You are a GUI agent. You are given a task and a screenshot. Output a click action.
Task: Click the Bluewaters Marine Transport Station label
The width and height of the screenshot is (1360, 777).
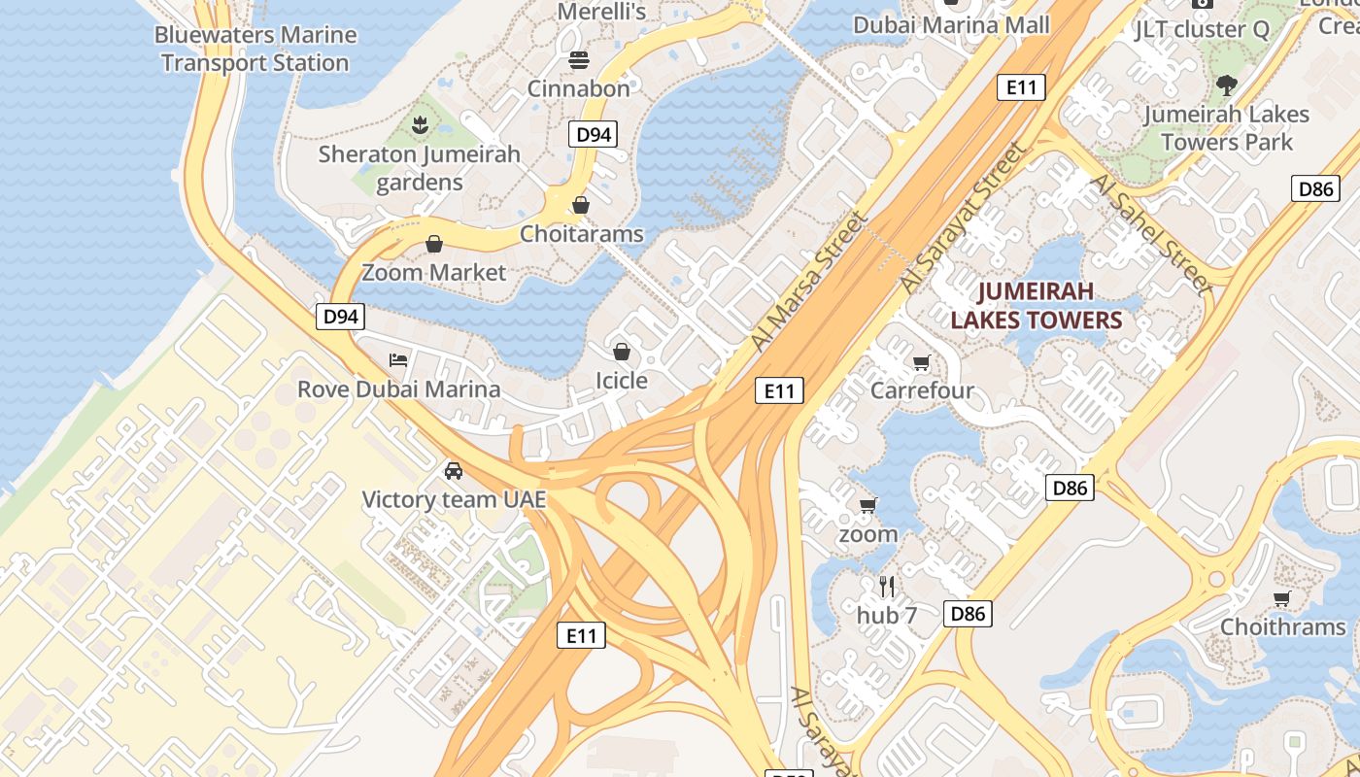click(255, 49)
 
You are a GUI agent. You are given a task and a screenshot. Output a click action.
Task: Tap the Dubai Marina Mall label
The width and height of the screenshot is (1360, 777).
click(951, 24)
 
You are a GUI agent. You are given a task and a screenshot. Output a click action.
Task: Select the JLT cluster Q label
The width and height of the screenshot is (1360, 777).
click(1202, 29)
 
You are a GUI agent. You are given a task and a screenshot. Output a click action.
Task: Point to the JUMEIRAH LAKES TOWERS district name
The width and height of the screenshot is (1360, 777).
click(1036, 305)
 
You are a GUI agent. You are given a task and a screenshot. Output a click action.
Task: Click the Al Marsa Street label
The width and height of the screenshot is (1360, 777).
click(808, 282)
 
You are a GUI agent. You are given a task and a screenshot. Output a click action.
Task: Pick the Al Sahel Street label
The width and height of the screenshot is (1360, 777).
click(1152, 233)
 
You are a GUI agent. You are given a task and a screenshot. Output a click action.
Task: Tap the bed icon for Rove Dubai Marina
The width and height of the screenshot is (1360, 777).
click(398, 360)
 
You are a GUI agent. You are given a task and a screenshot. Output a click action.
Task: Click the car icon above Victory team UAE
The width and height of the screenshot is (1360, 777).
click(453, 472)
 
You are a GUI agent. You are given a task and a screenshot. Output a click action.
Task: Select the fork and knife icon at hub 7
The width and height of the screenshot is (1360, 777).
click(886, 586)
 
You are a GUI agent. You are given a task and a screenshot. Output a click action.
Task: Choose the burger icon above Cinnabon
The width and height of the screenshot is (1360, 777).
click(579, 60)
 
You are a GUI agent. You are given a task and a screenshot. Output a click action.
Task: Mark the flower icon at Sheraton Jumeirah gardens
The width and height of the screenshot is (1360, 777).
click(420, 124)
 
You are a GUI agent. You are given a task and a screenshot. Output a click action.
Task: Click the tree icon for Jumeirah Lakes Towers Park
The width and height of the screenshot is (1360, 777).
click(1226, 85)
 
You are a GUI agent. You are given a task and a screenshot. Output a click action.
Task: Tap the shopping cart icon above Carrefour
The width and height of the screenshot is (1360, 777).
click(921, 363)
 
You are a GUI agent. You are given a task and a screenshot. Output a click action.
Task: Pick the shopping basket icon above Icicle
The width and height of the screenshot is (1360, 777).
click(622, 352)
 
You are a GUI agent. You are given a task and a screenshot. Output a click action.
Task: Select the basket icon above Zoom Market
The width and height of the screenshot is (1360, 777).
click(434, 243)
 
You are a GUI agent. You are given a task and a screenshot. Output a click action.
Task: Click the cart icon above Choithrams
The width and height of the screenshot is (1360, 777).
click(1282, 598)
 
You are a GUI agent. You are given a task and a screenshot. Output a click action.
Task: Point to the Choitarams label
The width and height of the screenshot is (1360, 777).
click(581, 234)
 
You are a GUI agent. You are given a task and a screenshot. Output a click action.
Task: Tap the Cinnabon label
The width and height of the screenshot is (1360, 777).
click(578, 88)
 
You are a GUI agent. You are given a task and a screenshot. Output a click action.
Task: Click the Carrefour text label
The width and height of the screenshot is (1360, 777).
click(922, 390)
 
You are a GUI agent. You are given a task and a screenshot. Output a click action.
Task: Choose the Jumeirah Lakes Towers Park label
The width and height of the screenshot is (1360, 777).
click(1226, 128)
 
